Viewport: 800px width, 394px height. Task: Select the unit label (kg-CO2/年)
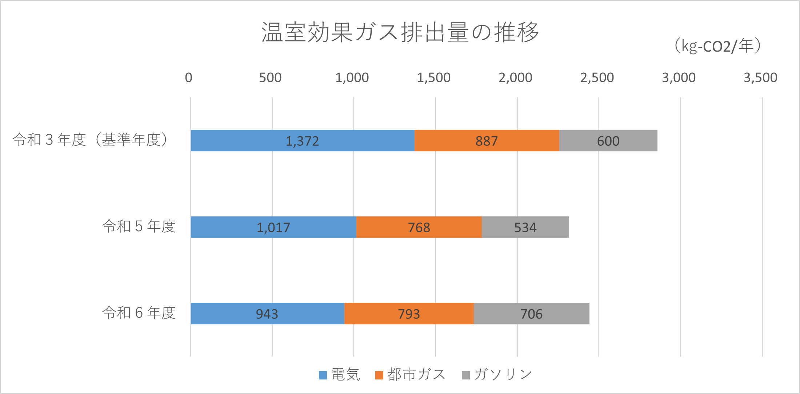717,46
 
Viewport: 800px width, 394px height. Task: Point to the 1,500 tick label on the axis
433,77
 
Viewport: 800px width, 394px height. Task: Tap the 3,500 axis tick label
760,77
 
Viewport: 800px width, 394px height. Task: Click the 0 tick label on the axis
188,77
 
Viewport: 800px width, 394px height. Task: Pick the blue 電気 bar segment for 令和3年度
302,141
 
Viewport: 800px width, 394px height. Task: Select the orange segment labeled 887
487,141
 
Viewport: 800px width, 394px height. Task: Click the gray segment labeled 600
608,141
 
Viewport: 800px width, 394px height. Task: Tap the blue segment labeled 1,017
273,227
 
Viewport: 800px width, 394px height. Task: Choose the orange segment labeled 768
419,227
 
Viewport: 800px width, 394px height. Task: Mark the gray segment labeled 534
525,227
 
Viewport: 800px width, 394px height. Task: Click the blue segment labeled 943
267,314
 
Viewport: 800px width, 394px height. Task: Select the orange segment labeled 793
409,314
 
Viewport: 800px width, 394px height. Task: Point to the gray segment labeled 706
531,314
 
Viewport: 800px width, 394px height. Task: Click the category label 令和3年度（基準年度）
91,140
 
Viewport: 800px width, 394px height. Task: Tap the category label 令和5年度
139,226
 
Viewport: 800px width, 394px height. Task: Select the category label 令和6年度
139,313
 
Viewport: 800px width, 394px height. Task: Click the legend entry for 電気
340,375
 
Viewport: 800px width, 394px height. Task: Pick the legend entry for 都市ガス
410,375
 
